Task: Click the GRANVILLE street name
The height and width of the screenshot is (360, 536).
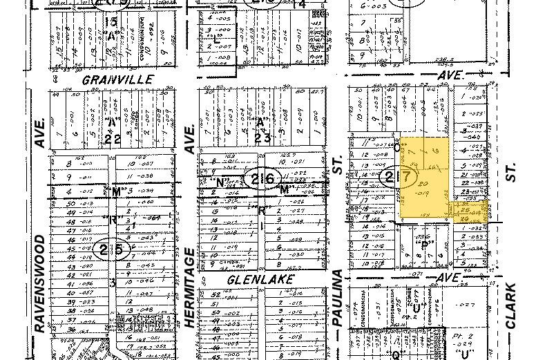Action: tap(117, 79)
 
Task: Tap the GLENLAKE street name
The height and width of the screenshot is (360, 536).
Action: tap(260, 279)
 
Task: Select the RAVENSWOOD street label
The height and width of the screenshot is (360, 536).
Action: tap(40, 283)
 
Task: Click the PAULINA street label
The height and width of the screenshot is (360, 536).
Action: tap(338, 299)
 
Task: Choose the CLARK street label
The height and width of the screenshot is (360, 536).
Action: tap(510, 305)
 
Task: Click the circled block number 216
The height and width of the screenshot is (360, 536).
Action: tap(262, 179)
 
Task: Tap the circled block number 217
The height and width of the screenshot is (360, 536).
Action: tap(399, 178)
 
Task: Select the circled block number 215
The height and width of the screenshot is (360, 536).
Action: tap(113, 248)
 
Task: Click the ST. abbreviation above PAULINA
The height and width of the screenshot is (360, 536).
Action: tap(338, 165)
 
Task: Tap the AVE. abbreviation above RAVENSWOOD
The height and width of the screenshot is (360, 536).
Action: tap(40, 132)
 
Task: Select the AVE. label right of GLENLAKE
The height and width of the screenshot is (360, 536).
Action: tap(448, 276)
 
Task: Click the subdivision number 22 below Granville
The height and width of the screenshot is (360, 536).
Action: tap(113, 139)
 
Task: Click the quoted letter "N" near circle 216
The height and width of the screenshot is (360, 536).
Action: tap(221, 182)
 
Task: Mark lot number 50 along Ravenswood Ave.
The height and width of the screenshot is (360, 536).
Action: tap(70, 203)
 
